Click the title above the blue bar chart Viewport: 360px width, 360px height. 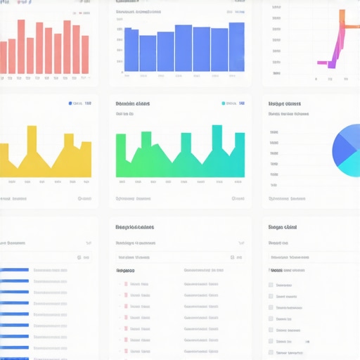click(147, 11)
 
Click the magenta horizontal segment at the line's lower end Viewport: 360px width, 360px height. click(324, 63)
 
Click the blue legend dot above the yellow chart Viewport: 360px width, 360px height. click(70, 103)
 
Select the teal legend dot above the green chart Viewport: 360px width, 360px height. click(224, 103)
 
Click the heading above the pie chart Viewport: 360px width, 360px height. click(284, 103)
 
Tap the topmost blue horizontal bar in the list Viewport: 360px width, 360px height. click(14, 269)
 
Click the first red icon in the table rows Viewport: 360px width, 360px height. click(126, 284)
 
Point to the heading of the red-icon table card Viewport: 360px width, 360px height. click(135, 227)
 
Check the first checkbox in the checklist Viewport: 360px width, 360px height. click(271, 285)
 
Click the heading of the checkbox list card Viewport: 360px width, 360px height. click(283, 227)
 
